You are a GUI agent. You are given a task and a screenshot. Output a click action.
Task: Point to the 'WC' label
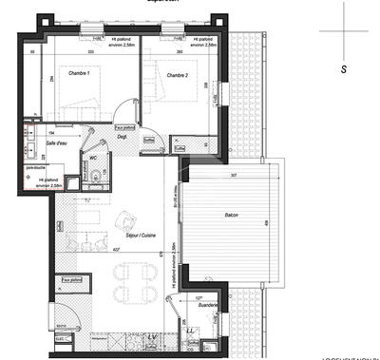tap(93, 159)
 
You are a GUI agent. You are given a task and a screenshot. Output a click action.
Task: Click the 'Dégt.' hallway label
tap(123, 136)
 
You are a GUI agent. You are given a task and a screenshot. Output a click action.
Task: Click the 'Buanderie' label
tap(196, 305)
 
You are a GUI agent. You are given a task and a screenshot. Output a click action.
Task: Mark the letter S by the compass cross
tap(343, 69)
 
